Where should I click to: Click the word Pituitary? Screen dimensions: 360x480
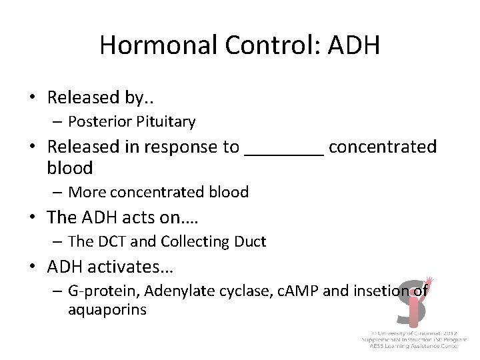(x=167, y=121)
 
